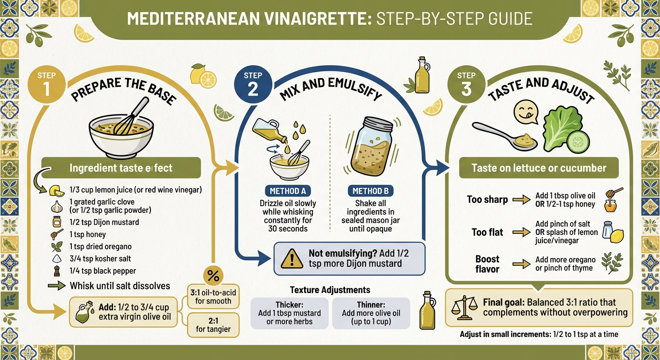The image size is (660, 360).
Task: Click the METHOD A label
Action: click(x=287, y=191)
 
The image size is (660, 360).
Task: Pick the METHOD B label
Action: click(x=370, y=191)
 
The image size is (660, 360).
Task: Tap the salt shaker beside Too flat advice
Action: click(x=607, y=230)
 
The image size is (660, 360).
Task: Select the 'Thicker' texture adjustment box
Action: click(x=289, y=313)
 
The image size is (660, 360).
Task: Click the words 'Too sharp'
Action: click(x=487, y=200)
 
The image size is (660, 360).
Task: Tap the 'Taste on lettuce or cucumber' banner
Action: click(x=539, y=168)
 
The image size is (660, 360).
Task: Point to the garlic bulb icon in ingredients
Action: click(x=56, y=206)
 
